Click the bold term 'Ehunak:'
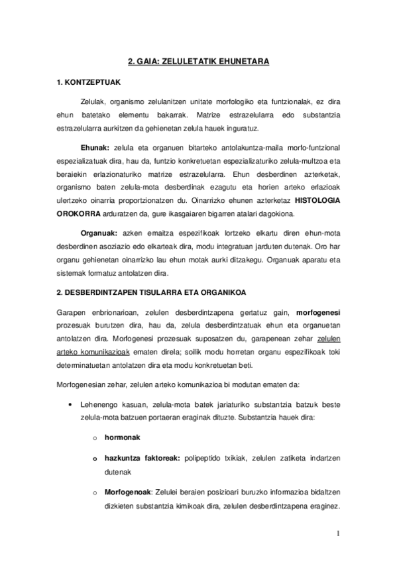[x=95, y=147]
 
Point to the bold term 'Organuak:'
[x=99, y=234]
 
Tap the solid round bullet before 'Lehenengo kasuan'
[x=70, y=404]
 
